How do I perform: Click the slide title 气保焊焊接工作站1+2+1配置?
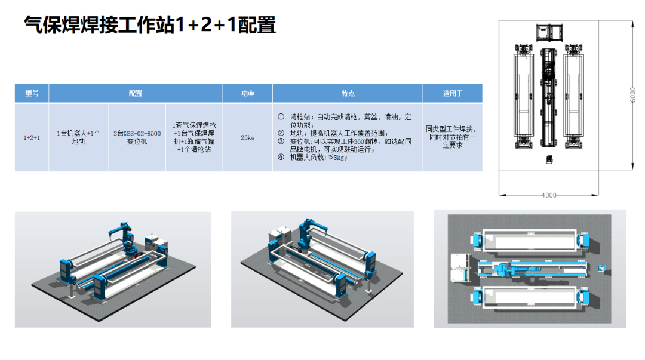[149, 25]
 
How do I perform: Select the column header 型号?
[32, 94]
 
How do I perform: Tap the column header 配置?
[136, 94]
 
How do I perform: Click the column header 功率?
[247, 94]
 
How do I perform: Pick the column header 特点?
[348, 94]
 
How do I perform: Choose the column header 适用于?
[452, 94]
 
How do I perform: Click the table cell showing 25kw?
[247, 138]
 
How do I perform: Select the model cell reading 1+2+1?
[32, 138]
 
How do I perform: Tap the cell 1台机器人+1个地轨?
[78, 138]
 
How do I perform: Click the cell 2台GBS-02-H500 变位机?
[137, 138]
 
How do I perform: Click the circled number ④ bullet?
[281, 158]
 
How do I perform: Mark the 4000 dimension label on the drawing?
[548, 195]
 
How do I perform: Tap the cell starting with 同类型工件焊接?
[452, 137]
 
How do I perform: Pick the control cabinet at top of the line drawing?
[549, 32]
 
